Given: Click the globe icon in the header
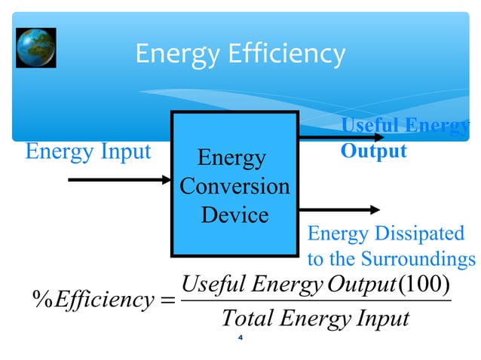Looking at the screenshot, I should click(x=35, y=48).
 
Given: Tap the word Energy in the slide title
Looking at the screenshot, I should click(x=170, y=54).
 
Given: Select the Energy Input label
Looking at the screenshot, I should click(x=88, y=151).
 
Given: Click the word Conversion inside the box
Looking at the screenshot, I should click(x=234, y=186).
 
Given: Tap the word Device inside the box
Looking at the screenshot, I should click(x=234, y=215).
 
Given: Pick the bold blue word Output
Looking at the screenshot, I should click(x=374, y=151).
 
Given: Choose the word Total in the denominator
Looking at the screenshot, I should click(x=247, y=319).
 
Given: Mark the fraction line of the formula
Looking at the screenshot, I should click(x=316, y=302).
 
